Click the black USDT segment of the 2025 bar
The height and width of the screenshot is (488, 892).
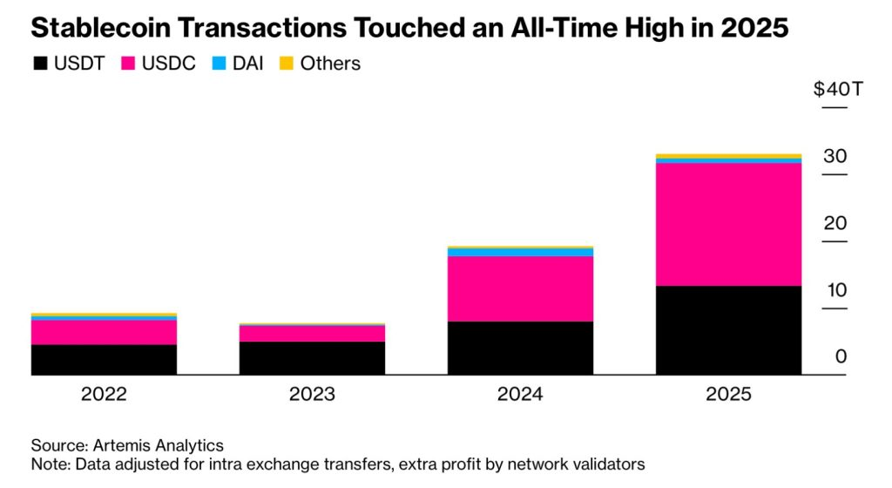pyautogui.click(x=728, y=330)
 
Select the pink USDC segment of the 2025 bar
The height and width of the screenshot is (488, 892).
pyautogui.click(x=728, y=224)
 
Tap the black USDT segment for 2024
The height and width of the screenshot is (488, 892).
pyautogui.click(x=520, y=348)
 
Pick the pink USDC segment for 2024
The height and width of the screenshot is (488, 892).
pyautogui.click(x=520, y=288)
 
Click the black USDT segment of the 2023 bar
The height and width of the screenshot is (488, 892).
pyautogui.click(x=312, y=358)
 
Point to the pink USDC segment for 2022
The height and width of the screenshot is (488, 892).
pyautogui.click(x=104, y=332)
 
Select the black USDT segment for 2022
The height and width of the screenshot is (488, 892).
pyautogui.click(x=104, y=359)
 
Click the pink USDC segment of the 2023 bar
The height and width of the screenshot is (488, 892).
pyautogui.click(x=312, y=333)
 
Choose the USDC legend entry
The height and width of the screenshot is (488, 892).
pyautogui.click(x=157, y=64)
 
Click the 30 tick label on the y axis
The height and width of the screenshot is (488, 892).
pyautogui.click(x=835, y=156)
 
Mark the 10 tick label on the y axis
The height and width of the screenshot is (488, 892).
pyautogui.click(x=835, y=289)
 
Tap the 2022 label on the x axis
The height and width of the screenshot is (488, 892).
pyautogui.click(x=104, y=394)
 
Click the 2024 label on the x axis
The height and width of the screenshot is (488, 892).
pyautogui.click(x=520, y=394)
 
